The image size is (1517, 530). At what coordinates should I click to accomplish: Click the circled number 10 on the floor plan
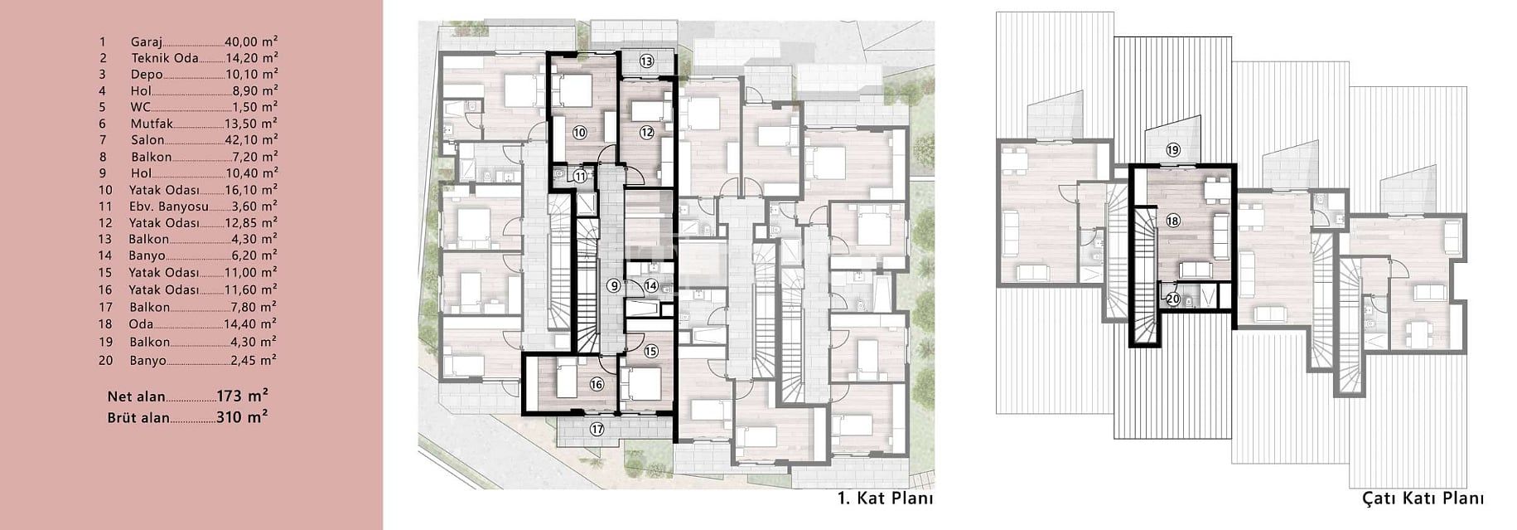click(579, 132)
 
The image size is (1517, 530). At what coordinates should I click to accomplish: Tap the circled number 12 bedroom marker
click(647, 132)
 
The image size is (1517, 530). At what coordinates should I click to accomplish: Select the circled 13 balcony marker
click(646, 61)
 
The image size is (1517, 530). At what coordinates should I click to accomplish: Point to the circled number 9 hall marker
click(613, 285)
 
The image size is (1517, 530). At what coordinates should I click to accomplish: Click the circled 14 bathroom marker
click(651, 285)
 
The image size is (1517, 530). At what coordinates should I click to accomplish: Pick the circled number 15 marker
click(650, 351)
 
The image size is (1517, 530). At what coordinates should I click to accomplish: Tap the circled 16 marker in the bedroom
click(597, 384)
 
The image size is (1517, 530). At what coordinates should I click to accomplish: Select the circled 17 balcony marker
click(597, 429)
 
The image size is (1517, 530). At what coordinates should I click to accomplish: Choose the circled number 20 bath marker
click(1172, 299)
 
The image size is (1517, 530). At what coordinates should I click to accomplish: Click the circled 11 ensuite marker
click(580, 176)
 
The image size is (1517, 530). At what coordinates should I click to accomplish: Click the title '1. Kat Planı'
click(886, 498)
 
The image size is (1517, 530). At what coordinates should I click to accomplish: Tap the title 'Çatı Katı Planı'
click(1423, 498)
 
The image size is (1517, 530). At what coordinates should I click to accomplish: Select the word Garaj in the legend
click(147, 41)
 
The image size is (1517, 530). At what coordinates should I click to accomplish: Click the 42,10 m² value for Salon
click(251, 140)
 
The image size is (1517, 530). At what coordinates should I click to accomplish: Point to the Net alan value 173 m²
click(242, 396)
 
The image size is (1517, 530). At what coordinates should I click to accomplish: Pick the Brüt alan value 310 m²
click(242, 417)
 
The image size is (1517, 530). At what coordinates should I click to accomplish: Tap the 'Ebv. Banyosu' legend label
click(169, 207)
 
